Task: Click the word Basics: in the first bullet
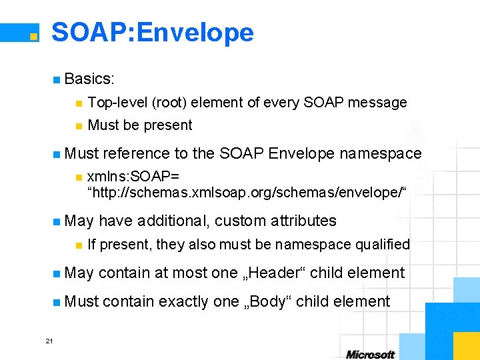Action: [90, 79]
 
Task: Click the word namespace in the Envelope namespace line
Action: [380, 154]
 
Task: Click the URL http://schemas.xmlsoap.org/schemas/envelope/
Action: [247, 192]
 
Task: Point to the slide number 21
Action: [49, 341]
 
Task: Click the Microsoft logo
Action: [370, 355]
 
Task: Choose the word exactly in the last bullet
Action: [182, 302]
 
